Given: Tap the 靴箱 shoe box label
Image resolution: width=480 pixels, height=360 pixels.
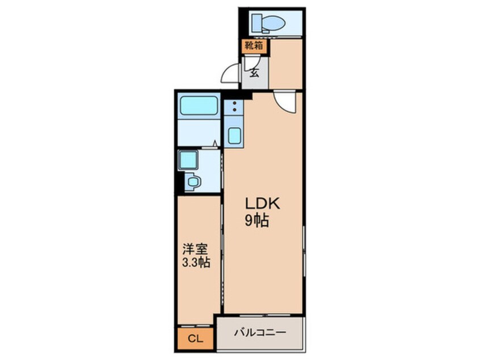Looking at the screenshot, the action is tap(254, 45).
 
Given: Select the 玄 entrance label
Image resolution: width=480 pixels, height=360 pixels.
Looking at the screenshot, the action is tap(254, 72).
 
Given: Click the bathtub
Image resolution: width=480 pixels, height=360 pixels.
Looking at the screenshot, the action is tap(199, 106).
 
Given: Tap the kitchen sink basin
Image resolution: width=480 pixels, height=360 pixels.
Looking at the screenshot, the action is tap(234, 135).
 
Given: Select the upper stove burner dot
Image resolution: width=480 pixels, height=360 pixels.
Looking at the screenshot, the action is tap(235, 103).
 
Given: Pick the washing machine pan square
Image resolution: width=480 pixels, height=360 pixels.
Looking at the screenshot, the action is tap(188, 160).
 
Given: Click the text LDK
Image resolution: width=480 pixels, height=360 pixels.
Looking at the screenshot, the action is tap(262, 204).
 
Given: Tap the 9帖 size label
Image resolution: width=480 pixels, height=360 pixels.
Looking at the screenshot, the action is tap(256, 220).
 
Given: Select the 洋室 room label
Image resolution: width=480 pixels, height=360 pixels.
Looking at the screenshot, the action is tap(195, 249).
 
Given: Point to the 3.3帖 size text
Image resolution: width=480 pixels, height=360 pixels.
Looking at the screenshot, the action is tap(196, 262).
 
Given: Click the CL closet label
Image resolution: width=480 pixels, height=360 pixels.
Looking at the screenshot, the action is tap(195, 339).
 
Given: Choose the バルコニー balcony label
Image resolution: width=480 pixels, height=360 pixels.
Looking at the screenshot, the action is tap(260, 332).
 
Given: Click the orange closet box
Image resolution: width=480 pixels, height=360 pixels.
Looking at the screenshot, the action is tap(195, 339).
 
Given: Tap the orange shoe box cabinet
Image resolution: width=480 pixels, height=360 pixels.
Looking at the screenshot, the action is tap(254, 46).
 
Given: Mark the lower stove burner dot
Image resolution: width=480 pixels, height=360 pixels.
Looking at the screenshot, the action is tap(235, 110).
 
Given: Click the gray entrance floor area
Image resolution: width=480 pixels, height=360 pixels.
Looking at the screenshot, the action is tap(255, 73).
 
